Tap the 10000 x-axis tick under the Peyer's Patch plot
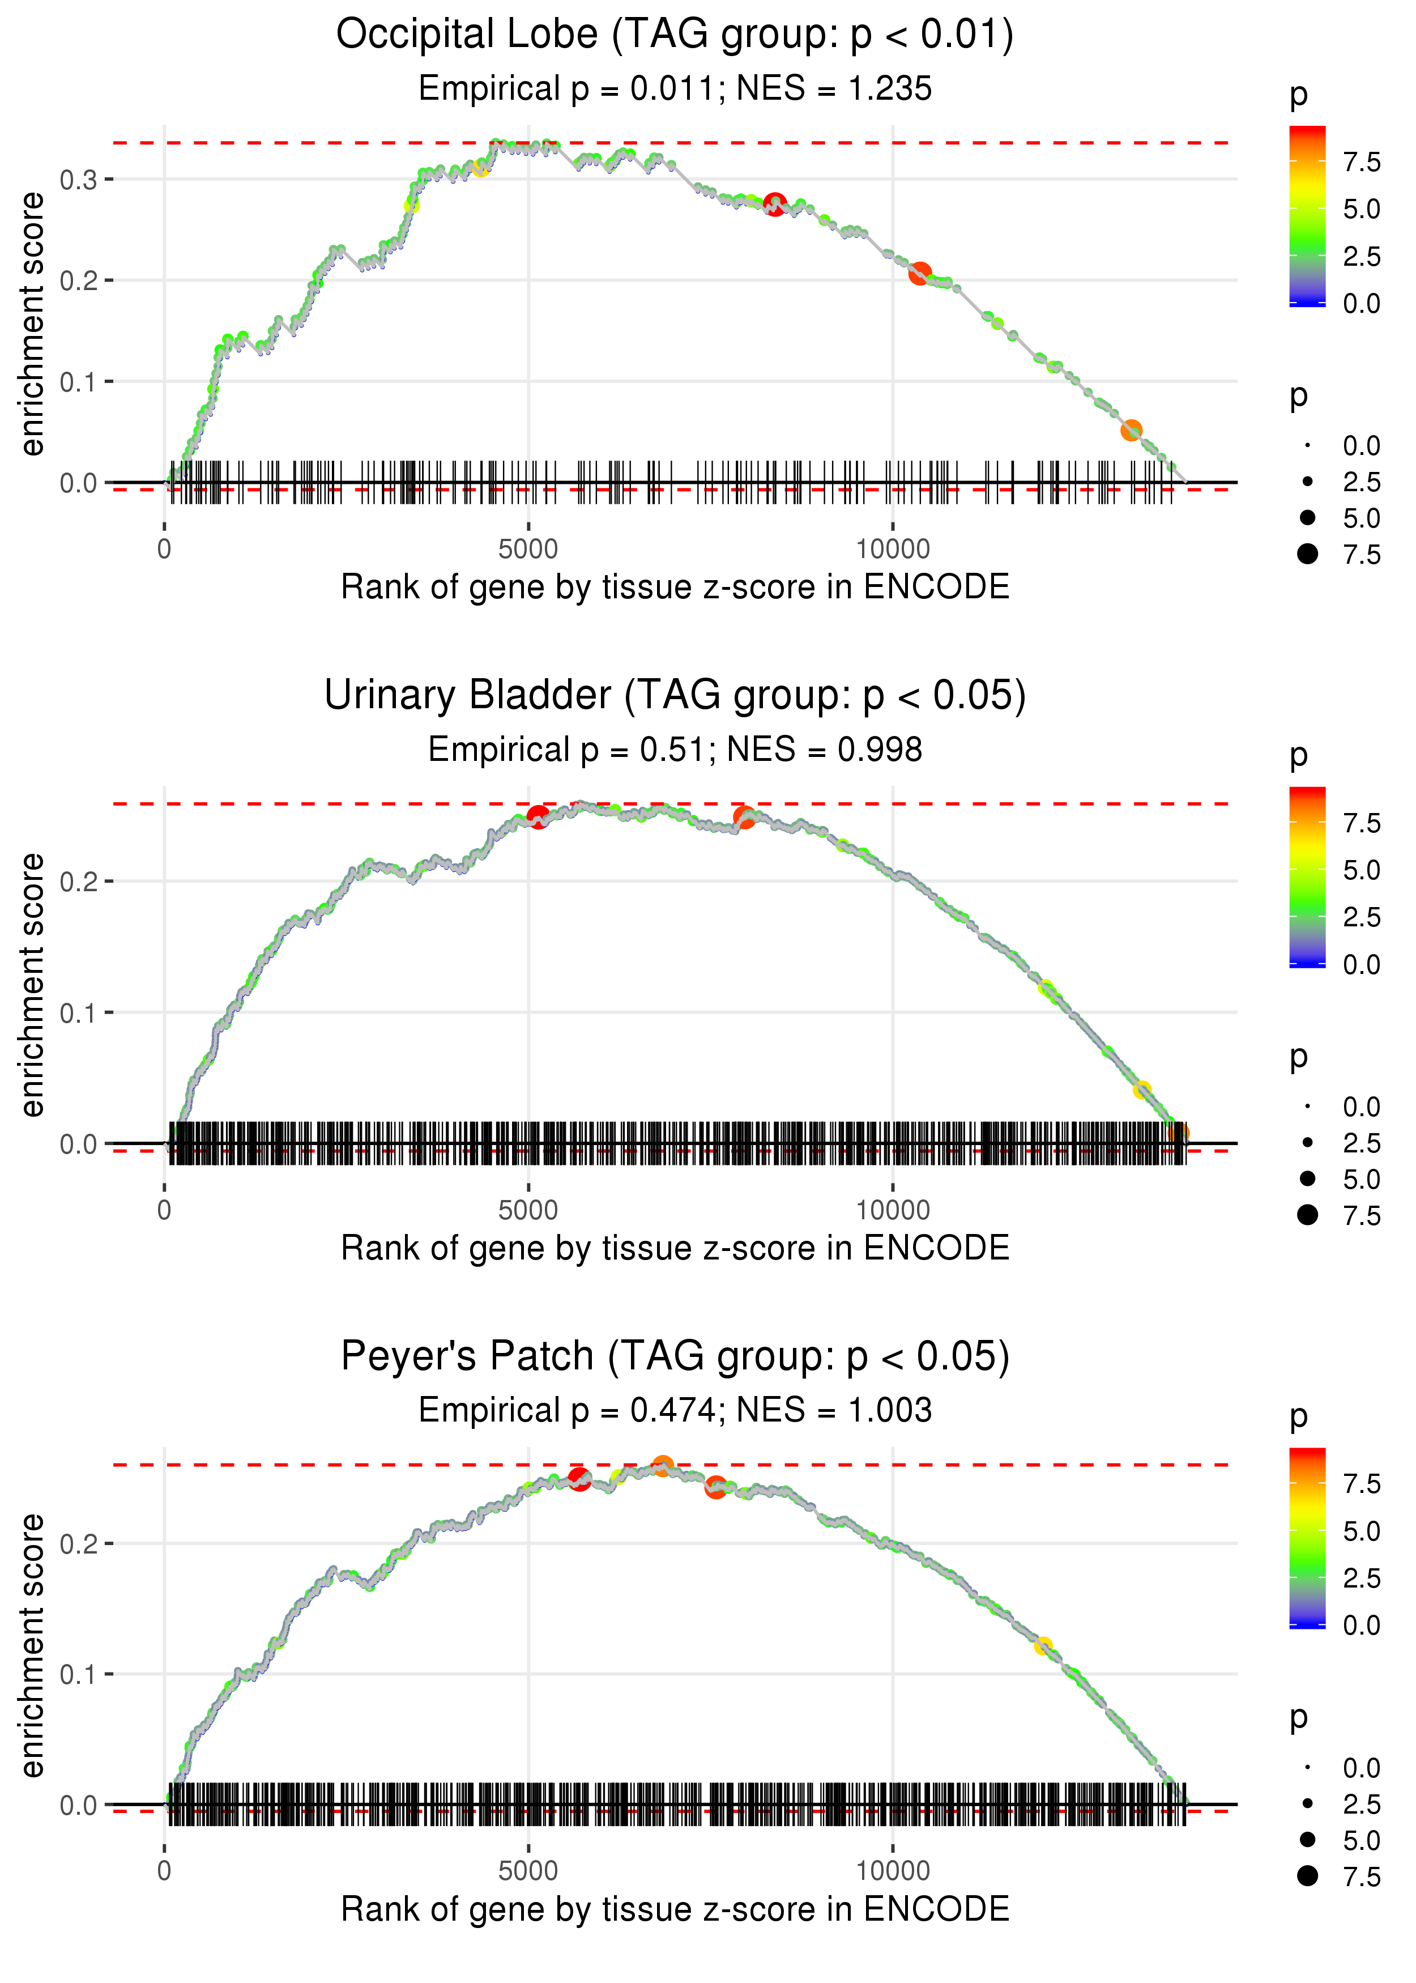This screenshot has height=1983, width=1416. coord(892,1871)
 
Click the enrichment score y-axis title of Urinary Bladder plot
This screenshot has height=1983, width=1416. coord(32,985)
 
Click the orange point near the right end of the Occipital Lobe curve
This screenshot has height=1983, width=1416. coord(1131,430)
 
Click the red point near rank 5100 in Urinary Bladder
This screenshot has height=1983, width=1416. coord(538,817)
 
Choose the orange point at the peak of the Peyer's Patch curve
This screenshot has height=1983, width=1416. coord(663,1466)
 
